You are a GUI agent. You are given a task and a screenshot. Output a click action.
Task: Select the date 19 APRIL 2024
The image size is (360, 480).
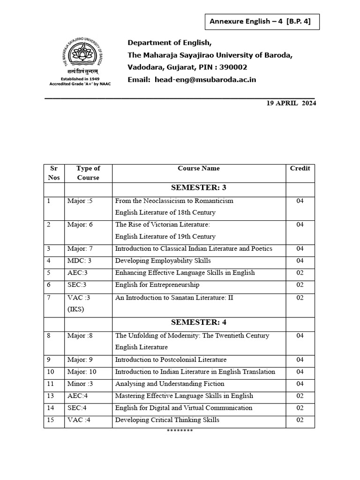pyautogui.click(x=291, y=104)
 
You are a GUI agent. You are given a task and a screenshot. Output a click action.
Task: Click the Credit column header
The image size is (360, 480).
pyautogui.click(x=300, y=168)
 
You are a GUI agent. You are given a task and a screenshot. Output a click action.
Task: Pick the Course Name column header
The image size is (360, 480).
pyautogui.click(x=199, y=168)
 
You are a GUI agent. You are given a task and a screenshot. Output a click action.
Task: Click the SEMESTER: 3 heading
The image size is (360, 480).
pyautogui.click(x=199, y=188)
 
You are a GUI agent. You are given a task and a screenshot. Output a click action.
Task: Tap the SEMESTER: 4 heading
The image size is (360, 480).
pyautogui.click(x=199, y=322)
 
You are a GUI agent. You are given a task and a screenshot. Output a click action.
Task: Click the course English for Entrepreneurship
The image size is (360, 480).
pyautogui.click(x=157, y=285)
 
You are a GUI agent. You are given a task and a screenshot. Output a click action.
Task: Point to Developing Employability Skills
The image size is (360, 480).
pyautogui.click(x=163, y=261)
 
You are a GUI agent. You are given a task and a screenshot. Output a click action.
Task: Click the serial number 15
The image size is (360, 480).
pyautogui.click(x=51, y=420)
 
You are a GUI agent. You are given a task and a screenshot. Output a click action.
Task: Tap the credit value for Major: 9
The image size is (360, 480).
pyautogui.click(x=300, y=360)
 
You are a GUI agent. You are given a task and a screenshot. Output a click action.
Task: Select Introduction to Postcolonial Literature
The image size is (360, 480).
pyautogui.click(x=171, y=360)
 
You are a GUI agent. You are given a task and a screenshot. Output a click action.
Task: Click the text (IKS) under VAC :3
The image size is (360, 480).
pyautogui.click(x=75, y=309)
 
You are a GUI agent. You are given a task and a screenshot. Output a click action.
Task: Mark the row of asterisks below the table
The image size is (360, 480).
pyautogui.click(x=180, y=431)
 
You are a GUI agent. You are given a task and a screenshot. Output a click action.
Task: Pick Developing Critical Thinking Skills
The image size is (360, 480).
pyautogui.click(x=167, y=420)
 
